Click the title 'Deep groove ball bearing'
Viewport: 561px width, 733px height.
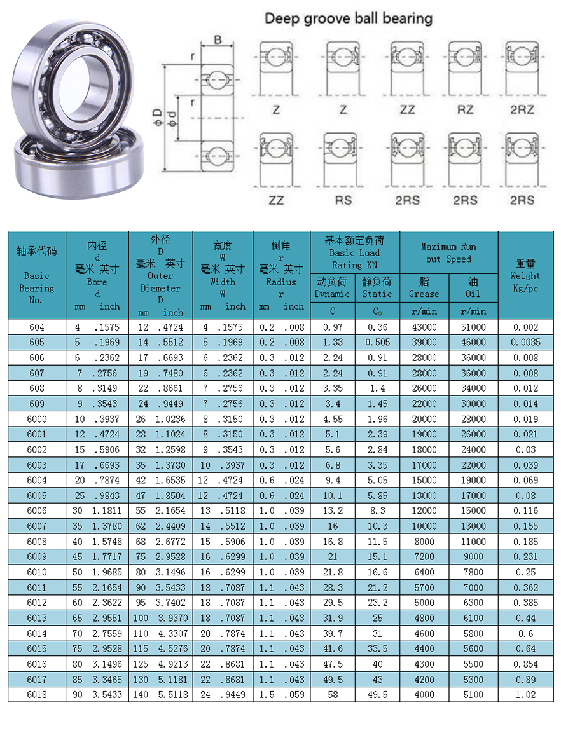pyautogui.click(x=348, y=18)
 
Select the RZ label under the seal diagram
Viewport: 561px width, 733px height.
pyautogui.click(x=465, y=110)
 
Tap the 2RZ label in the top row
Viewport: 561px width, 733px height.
pyautogui.click(x=522, y=110)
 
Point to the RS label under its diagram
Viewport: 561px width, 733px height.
pyautogui.click(x=343, y=200)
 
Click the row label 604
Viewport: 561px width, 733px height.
pyautogui.click(x=37, y=327)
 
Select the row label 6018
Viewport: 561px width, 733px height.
pyautogui.click(x=37, y=695)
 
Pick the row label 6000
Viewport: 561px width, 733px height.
pyautogui.click(x=37, y=419)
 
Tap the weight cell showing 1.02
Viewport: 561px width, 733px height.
pyautogui.click(x=525, y=695)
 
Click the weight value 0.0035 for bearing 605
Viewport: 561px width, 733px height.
pyautogui.click(x=525, y=343)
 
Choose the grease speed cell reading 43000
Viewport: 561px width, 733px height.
pyautogui.click(x=424, y=327)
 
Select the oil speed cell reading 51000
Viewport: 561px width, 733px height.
pyautogui.click(x=473, y=327)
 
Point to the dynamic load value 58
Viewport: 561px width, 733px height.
pyautogui.click(x=333, y=695)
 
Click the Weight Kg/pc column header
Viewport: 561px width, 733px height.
pyautogui.click(x=525, y=275)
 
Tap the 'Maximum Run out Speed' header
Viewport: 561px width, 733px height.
pyautogui.click(x=448, y=252)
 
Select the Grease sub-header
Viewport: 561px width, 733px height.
pyautogui.click(x=424, y=287)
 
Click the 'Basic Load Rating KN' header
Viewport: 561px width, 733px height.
pyautogui.click(x=355, y=252)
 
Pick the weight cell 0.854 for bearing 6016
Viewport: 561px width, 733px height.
pyautogui.click(x=525, y=664)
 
